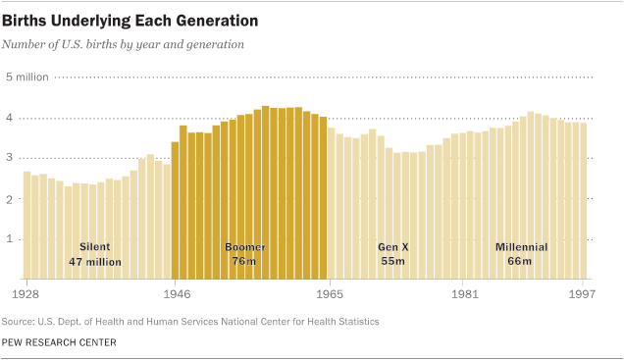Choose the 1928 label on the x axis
tap(26, 292)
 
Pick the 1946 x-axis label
tap(176, 292)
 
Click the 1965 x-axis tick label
tap(332, 292)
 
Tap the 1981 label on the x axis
tap(464, 292)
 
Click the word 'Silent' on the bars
tap(95, 247)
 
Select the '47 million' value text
tap(95, 262)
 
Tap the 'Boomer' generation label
tap(244, 247)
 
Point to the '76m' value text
tap(244, 262)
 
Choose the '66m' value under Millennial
tap(521, 262)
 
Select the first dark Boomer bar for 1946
tap(176, 211)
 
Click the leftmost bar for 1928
tap(27, 226)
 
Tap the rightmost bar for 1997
tap(585, 201)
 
